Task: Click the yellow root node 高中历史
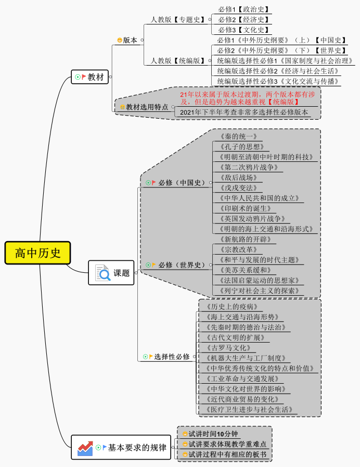click(x=37, y=253)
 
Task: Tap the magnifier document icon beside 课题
click(x=102, y=273)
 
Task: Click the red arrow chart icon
click(x=85, y=447)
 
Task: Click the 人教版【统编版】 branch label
click(x=178, y=61)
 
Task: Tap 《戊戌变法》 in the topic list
click(x=239, y=188)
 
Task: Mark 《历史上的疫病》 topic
click(x=232, y=307)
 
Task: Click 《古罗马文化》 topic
click(x=228, y=348)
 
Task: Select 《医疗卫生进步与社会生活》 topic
click(x=249, y=409)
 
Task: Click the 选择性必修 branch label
click(x=171, y=357)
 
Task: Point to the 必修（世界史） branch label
click(x=182, y=265)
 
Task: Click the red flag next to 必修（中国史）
click(x=154, y=183)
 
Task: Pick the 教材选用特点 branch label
click(x=147, y=107)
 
